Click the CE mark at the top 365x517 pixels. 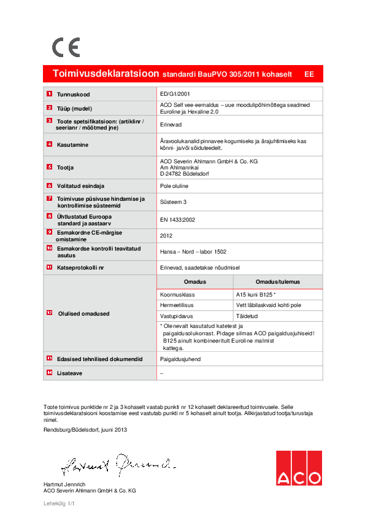pyautogui.click(x=66, y=47)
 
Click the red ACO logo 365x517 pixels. pyautogui.click(x=299, y=468)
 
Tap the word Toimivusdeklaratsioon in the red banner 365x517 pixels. pyautogui.click(x=106, y=74)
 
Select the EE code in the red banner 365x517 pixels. pyautogui.click(x=309, y=74)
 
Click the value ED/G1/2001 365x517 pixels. pyautogui.click(x=175, y=94)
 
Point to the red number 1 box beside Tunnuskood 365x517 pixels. pyautogui.click(x=49, y=94)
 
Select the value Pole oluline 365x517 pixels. pyautogui.click(x=174, y=186)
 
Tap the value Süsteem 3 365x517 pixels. pyautogui.click(x=172, y=201)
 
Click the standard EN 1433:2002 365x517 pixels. pyautogui.click(x=177, y=219)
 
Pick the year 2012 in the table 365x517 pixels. pyautogui.click(x=166, y=235)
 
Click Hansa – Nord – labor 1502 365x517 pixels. pyautogui.click(x=193, y=251)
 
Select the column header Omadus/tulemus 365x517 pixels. pyautogui.click(x=278, y=282)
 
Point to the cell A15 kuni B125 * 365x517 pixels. pyautogui.click(x=260, y=294)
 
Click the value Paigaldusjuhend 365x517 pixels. pyautogui.click(x=180, y=359)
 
